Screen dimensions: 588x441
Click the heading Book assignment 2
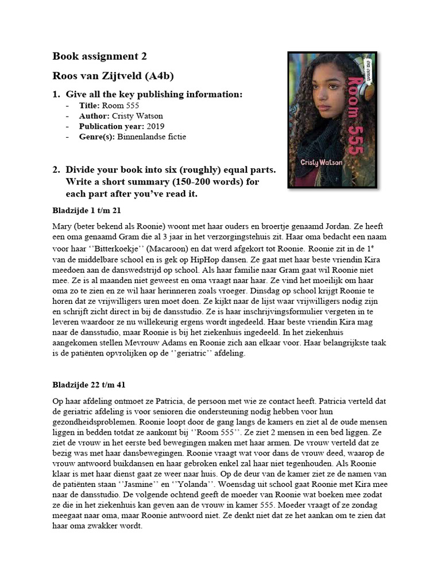pyautogui.click(x=99, y=56)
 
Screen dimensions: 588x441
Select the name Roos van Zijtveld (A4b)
pyautogui.click(x=113, y=76)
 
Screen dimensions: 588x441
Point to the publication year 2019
pyautogui.click(x=156, y=126)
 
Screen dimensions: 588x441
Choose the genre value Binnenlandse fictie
pyautogui.click(x=152, y=137)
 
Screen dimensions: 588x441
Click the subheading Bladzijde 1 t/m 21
pyautogui.click(x=87, y=211)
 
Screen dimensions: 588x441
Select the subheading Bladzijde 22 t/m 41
pyautogui.click(x=89, y=384)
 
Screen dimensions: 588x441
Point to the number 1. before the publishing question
pyautogui.click(x=56, y=94)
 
